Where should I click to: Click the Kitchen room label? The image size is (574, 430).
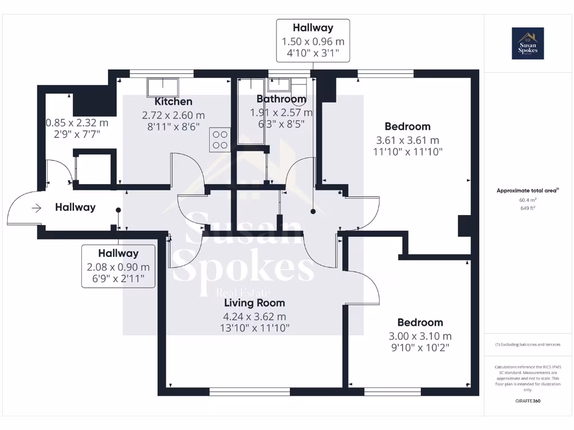[173, 101]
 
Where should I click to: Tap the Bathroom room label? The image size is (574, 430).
[281, 99]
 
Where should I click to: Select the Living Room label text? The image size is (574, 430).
[255, 303]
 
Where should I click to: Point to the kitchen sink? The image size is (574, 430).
[163, 87]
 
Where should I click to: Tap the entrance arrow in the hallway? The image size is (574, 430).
[37, 208]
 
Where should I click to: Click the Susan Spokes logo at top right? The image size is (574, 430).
[527, 44]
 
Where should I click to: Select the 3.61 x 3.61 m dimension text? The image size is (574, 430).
[408, 140]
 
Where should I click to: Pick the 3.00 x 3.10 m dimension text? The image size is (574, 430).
[420, 336]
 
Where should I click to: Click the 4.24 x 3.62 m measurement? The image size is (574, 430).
[255, 316]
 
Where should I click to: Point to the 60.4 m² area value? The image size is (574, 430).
[527, 199]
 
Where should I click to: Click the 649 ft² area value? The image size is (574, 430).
[527, 208]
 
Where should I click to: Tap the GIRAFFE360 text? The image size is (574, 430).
[527, 401]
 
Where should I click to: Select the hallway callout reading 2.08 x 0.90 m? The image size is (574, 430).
[118, 267]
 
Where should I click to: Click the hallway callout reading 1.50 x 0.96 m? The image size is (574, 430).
[313, 41]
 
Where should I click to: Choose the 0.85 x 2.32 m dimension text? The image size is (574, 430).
[77, 123]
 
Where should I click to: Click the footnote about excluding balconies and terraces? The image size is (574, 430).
[527, 344]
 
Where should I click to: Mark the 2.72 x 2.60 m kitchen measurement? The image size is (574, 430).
[173, 115]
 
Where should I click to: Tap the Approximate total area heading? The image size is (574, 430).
[527, 190]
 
